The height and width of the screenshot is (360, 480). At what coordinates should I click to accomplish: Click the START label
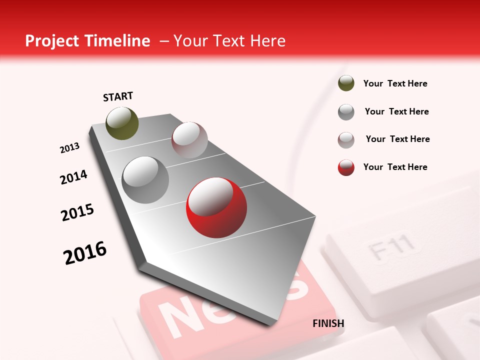(x=118, y=96)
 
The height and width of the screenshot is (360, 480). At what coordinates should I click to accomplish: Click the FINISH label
(x=328, y=323)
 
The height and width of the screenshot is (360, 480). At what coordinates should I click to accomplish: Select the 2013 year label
(x=69, y=148)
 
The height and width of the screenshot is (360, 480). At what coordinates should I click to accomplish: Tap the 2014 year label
(x=73, y=177)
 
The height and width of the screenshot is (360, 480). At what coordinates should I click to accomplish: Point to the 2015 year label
(x=77, y=212)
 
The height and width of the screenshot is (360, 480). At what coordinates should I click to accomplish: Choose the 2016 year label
(x=85, y=253)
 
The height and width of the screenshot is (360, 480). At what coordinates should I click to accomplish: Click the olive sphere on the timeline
(x=122, y=123)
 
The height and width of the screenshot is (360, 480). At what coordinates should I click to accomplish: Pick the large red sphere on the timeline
(x=216, y=207)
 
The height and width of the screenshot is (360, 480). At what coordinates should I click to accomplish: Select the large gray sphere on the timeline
(x=145, y=179)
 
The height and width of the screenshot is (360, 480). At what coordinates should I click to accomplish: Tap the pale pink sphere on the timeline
(x=189, y=140)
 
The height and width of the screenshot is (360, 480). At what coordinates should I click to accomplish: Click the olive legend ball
(x=346, y=83)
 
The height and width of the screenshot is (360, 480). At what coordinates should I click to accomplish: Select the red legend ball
(x=346, y=167)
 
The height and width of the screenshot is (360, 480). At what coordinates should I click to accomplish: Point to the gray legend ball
(x=346, y=112)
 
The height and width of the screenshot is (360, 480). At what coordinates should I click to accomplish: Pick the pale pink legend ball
(x=346, y=140)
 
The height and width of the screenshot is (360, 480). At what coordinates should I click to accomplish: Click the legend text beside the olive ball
(x=395, y=83)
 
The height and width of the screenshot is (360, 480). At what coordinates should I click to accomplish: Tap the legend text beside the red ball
(x=395, y=167)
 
